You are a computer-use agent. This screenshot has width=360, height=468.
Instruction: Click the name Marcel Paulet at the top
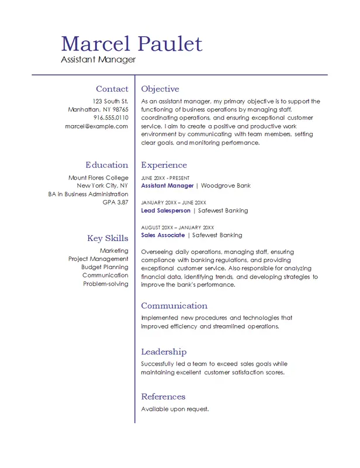(131, 43)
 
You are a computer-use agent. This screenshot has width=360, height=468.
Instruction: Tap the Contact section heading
(112, 89)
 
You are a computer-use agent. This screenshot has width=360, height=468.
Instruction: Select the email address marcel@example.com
(96, 126)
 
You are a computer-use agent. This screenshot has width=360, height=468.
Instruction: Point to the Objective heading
(160, 89)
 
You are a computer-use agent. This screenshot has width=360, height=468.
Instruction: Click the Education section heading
(106, 165)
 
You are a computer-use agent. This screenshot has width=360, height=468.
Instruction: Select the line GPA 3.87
(115, 202)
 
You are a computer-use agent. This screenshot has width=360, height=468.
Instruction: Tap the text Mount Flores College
(98, 178)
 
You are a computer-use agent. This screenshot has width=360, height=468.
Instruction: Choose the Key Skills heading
(108, 238)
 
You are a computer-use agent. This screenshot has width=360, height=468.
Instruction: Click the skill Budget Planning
(105, 267)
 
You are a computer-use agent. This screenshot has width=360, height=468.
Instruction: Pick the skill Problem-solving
(105, 283)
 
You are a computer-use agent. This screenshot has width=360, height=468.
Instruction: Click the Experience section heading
(164, 165)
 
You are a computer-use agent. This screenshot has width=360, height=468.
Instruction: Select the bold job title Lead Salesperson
(166, 211)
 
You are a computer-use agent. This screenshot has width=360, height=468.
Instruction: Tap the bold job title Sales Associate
(163, 235)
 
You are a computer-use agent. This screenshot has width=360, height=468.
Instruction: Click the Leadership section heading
(164, 352)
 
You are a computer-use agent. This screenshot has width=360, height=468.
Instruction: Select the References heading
(163, 397)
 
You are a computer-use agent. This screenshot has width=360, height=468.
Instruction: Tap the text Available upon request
(175, 409)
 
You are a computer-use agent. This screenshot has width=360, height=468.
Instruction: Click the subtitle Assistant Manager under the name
(98, 59)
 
